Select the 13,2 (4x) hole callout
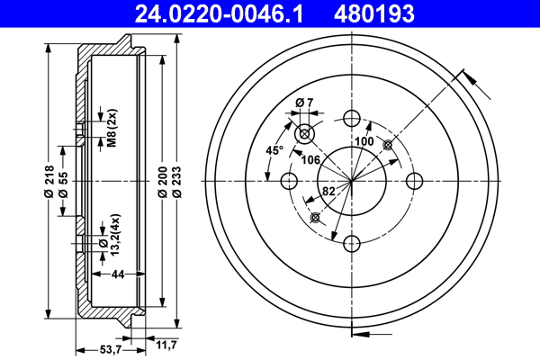coord(109,232)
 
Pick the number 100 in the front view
coord(364,142)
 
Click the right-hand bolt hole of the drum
coord(414,181)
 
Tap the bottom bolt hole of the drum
coord(351,243)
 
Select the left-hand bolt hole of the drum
coord(289,181)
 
